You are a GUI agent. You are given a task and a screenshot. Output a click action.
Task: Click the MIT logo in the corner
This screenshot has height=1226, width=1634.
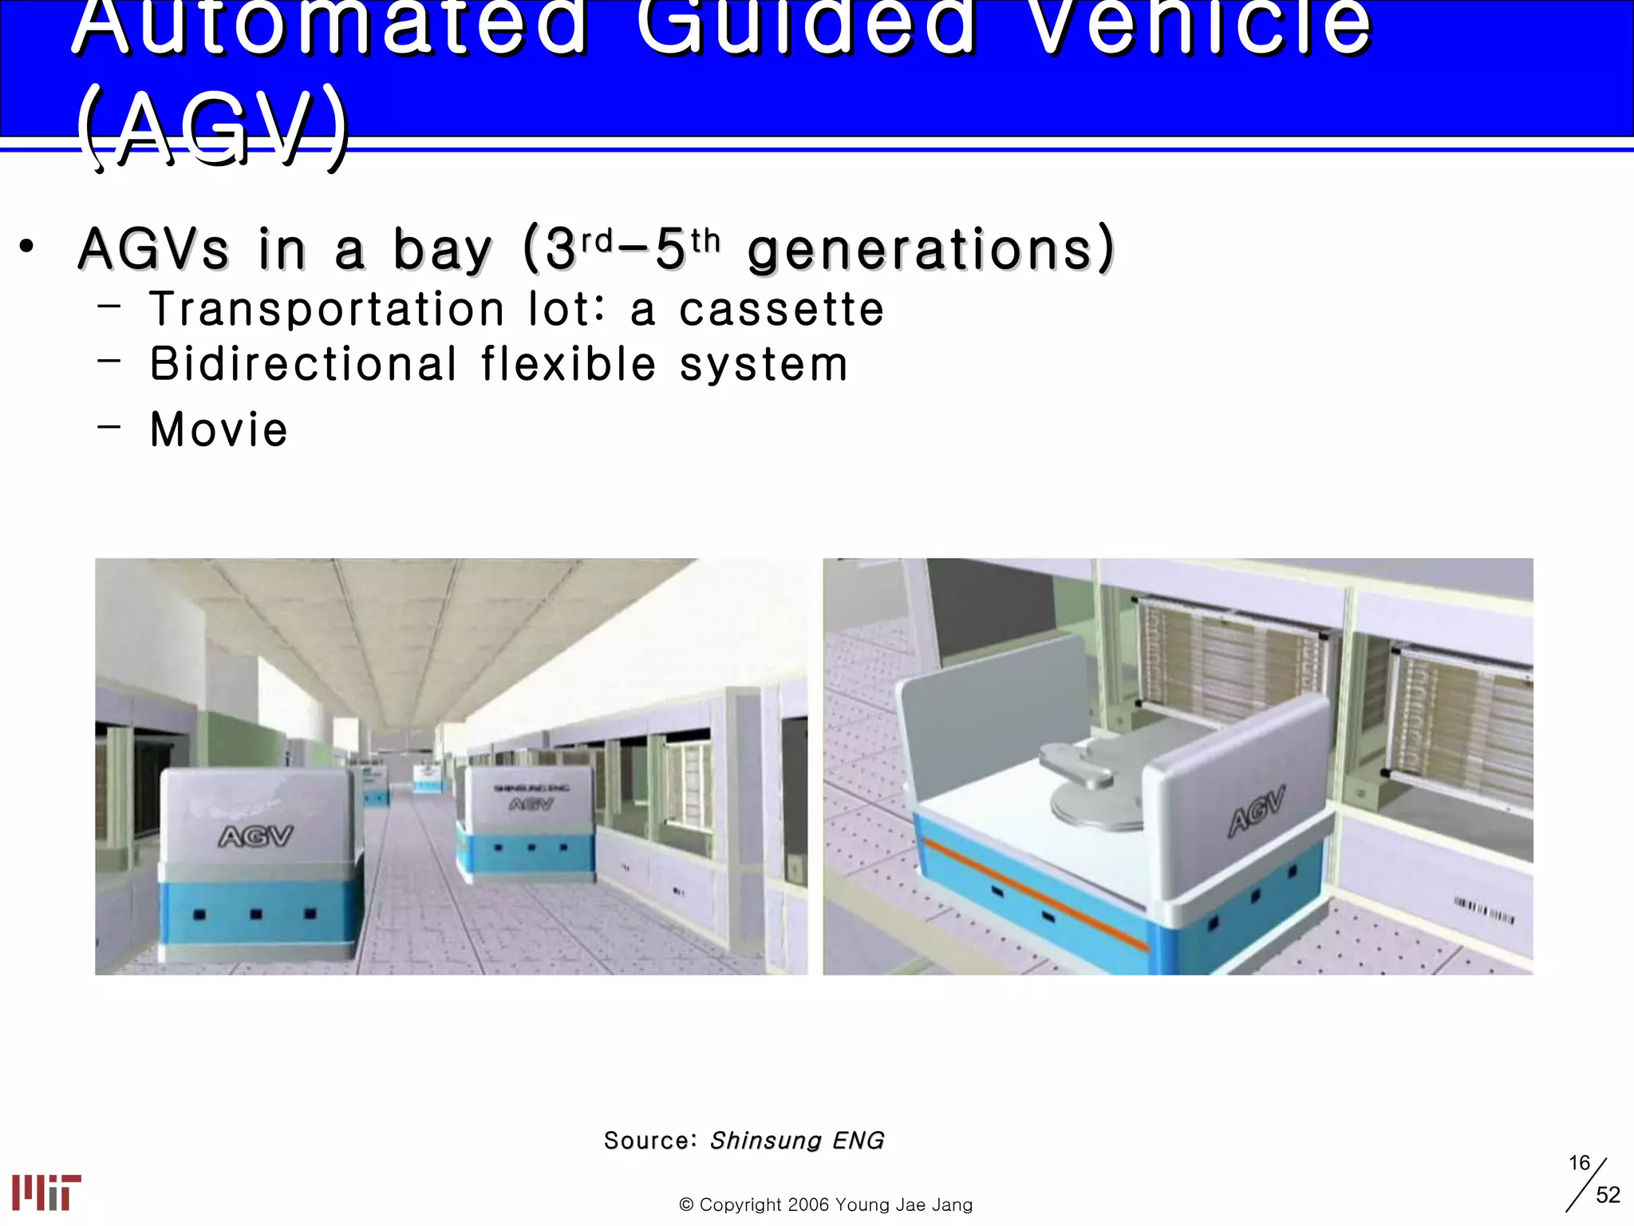point(46,1192)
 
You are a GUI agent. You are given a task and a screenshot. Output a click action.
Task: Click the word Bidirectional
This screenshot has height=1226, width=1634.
point(303,365)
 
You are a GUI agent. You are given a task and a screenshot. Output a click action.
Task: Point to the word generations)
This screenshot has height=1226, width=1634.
point(930,249)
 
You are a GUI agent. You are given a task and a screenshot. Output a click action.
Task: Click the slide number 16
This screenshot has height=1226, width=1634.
point(1579,1163)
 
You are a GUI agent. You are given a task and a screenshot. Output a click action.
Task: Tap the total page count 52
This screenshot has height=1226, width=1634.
point(1608,1195)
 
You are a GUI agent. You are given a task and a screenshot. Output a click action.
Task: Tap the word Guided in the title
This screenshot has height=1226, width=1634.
point(806,28)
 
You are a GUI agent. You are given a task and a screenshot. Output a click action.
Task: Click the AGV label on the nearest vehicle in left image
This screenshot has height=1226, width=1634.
point(256,836)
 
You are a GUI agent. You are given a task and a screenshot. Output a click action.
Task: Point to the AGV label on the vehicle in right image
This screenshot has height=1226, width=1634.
point(1257,809)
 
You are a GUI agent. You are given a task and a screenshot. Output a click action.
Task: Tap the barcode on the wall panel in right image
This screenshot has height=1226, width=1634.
point(1483,910)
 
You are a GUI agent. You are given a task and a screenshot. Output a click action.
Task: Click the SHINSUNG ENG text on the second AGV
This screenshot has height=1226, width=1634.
point(531,788)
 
